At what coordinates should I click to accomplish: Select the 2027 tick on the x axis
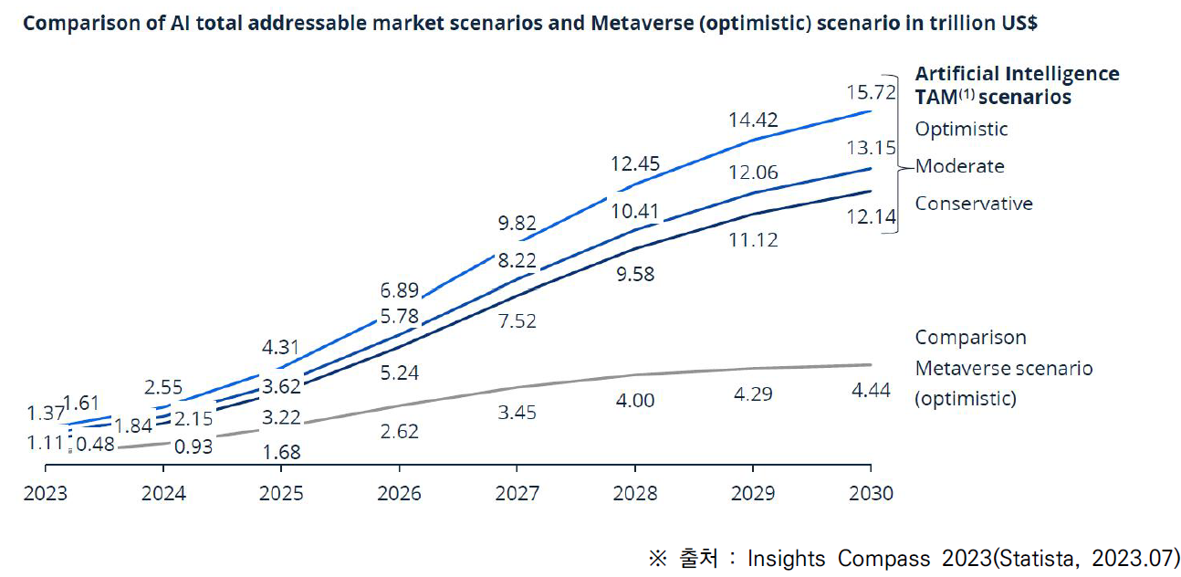pos(517,494)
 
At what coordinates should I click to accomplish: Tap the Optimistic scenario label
pos(961,129)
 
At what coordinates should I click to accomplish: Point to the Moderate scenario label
pos(959,166)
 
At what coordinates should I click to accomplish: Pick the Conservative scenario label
pos(974,203)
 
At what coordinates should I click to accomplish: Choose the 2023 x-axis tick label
pos(46,494)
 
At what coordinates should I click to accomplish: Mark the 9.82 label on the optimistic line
pos(517,223)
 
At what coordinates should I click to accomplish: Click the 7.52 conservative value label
pos(517,320)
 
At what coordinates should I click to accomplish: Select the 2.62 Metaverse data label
pos(399,431)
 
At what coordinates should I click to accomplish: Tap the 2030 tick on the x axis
pos(870,494)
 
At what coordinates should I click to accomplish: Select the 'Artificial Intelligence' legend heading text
pos(1017,73)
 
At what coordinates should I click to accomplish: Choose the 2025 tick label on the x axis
pos(281,494)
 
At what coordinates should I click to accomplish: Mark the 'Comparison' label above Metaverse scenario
pos(970,337)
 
